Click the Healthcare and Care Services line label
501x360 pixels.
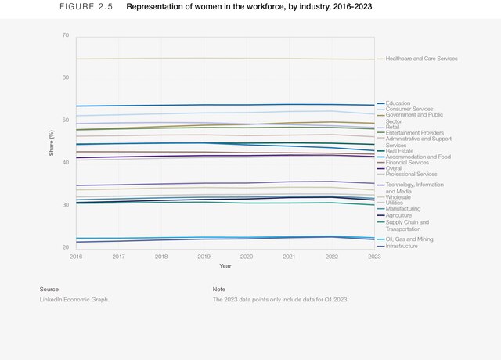pyautogui.click(x=421, y=59)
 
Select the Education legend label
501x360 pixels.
pyautogui.click(x=398, y=103)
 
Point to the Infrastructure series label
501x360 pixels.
pyautogui.click(x=402, y=247)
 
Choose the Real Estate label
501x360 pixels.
pyautogui.click(x=400, y=150)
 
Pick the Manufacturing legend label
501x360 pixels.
pyautogui.click(x=403, y=209)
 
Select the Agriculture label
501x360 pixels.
pyautogui.click(x=399, y=215)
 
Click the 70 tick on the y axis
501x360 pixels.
pyautogui.click(x=65, y=36)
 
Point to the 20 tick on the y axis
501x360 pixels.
pyautogui.click(x=65, y=247)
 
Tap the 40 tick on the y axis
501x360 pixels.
pyautogui.click(x=65, y=163)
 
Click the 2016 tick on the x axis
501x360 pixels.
pyautogui.click(x=76, y=257)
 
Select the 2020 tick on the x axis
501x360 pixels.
pyautogui.click(x=247, y=257)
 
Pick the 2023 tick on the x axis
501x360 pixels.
pyautogui.click(x=374, y=257)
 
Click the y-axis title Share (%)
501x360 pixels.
pyautogui.click(x=51, y=142)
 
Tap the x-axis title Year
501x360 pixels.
pyautogui.click(x=225, y=265)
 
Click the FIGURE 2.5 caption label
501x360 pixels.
pyautogui.click(x=86, y=7)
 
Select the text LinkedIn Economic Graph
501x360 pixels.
pyautogui.click(x=75, y=300)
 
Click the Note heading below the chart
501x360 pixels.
pyautogui.click(x=218, y=290)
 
